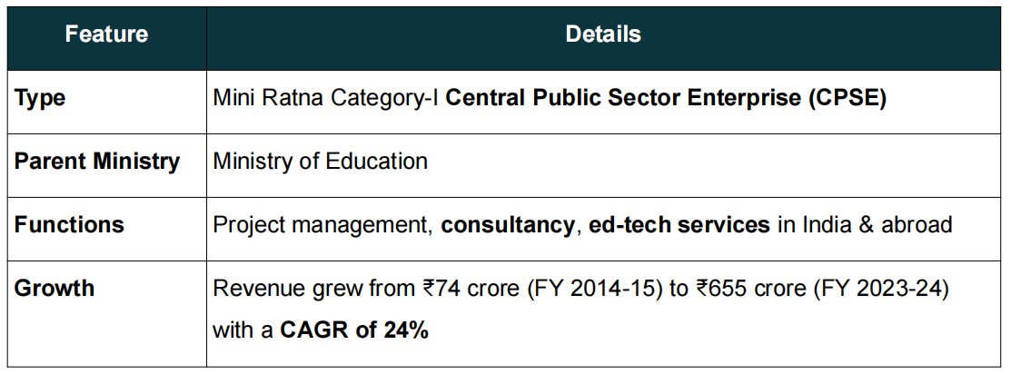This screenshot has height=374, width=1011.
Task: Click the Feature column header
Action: (106, 35)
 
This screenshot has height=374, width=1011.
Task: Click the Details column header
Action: (603, 35)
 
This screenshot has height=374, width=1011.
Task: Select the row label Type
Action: (40, 98)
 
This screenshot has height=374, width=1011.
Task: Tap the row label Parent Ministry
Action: (96, 162)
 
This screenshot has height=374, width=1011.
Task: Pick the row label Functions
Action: (69, 224)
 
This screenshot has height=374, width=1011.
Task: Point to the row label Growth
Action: (55, 289)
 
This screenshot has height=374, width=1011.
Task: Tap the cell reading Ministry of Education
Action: (320, 162)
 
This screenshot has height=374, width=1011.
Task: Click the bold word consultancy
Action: (508, 224)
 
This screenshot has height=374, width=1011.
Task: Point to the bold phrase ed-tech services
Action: (679, 224)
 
